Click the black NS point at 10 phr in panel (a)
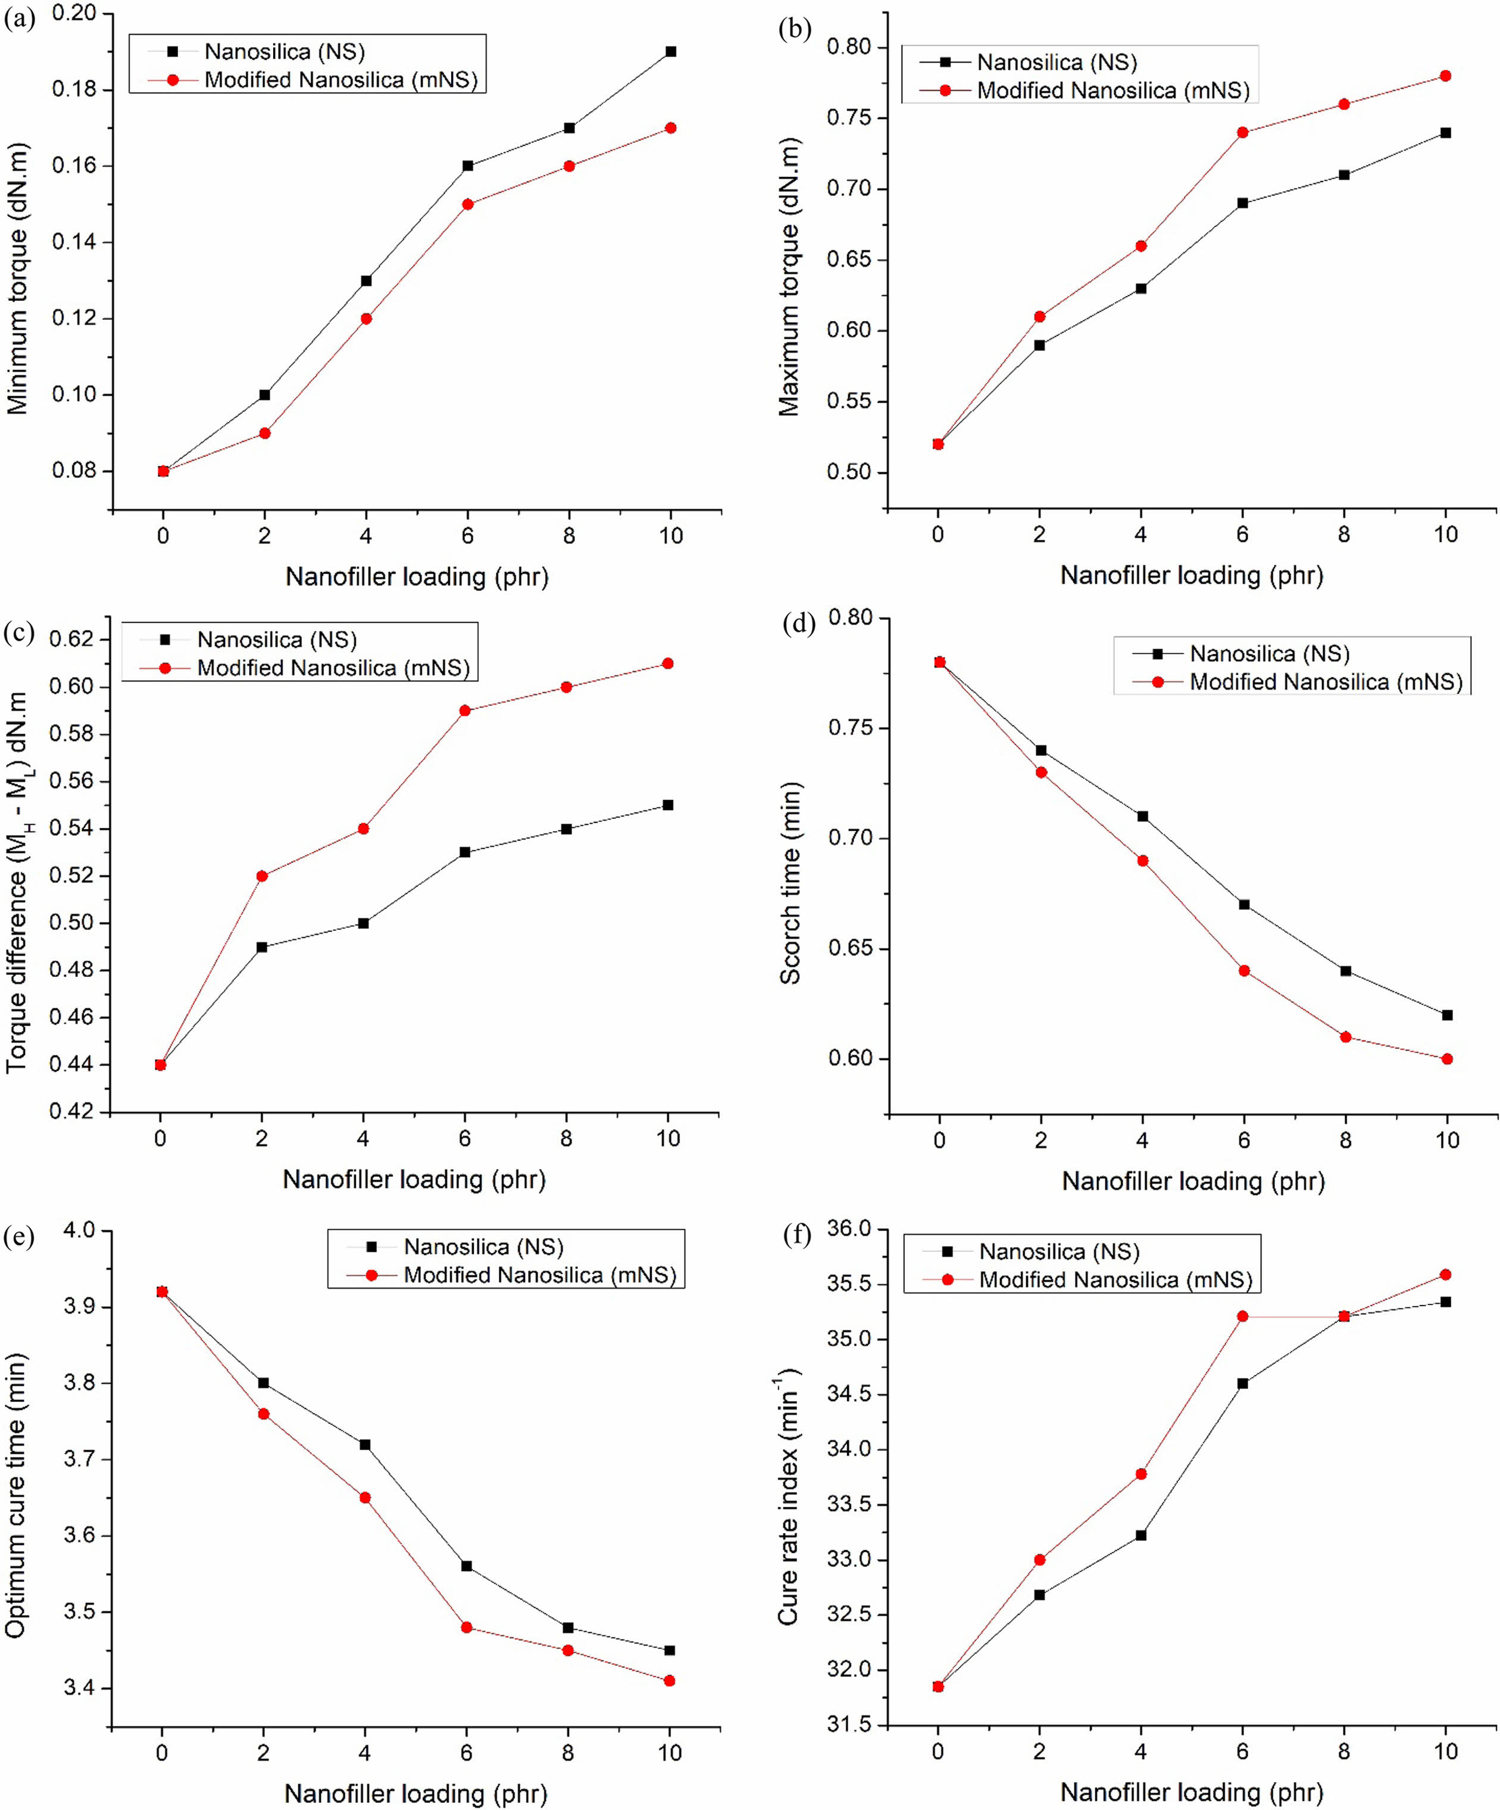click(670, 52)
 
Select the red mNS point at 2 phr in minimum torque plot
click(264, 432)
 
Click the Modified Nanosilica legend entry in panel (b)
click(1112, 91)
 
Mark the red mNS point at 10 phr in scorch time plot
click(1446, 1058)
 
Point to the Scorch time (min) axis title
click(790, 883)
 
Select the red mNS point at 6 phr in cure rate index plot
click(1242, 1316)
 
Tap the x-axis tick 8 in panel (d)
click(1345, 1141)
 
